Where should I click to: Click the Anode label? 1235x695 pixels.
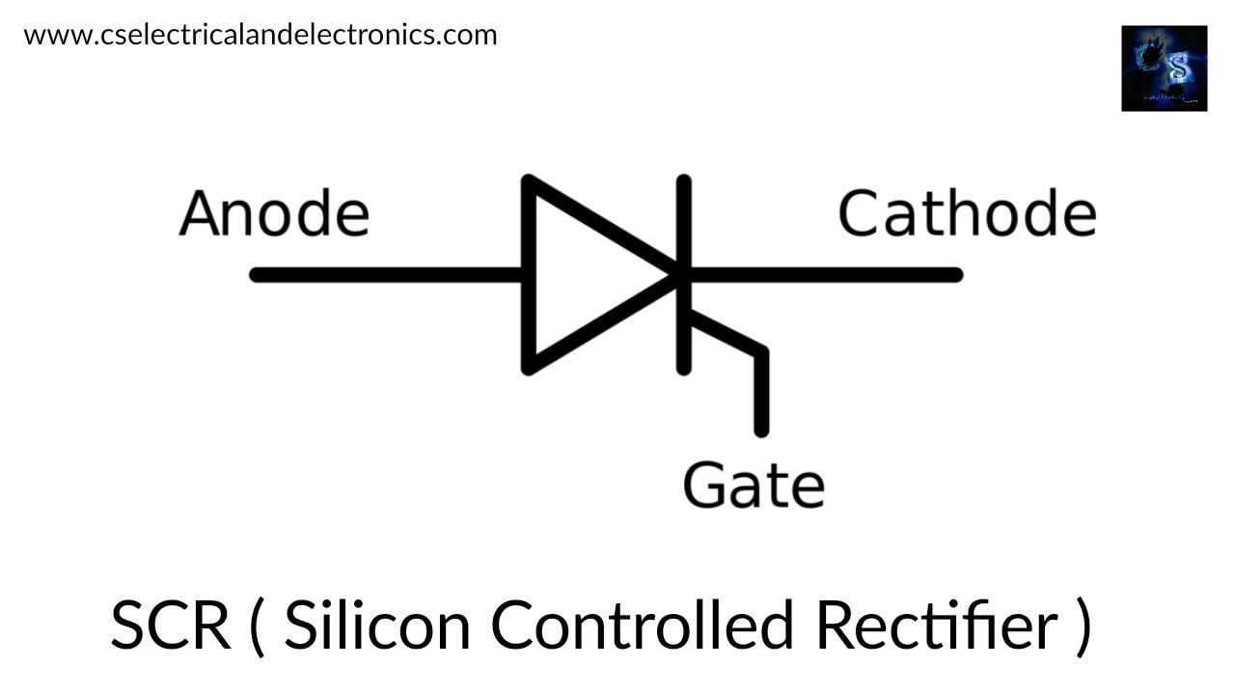(274, 213)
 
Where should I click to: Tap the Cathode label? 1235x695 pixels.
(966, 213)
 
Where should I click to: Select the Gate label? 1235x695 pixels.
(754, 485)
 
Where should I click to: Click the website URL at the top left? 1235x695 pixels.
(261, 35)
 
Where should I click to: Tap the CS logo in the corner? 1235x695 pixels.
(1164, 69)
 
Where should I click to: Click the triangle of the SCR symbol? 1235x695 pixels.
(579, 275)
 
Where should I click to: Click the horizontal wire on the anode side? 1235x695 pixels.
(386, 275)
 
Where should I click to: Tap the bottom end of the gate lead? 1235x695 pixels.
(761, 430)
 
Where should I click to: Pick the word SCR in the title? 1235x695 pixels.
(170, 625)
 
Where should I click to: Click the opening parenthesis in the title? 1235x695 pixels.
(256, 625)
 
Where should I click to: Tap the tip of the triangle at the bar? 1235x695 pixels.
(677, 275)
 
